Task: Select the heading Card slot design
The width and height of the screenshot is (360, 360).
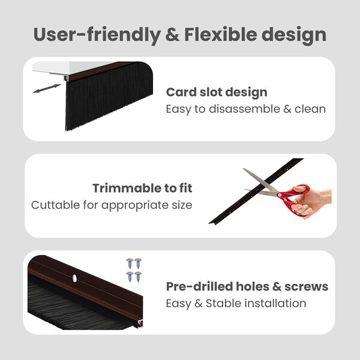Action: coord(217,92)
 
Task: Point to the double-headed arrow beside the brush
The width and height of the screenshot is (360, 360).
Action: coord(47,88)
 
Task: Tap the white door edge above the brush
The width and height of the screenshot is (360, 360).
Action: coord(66,67)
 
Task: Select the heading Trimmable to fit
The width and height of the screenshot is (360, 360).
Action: coord(142,188)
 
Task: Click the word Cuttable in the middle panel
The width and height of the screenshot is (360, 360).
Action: coord(54,205)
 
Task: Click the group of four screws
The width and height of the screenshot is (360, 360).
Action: coord(133,269)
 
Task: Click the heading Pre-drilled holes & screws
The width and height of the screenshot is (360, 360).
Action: coord(247,286)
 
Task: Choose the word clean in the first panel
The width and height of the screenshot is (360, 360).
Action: coord(310,109)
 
